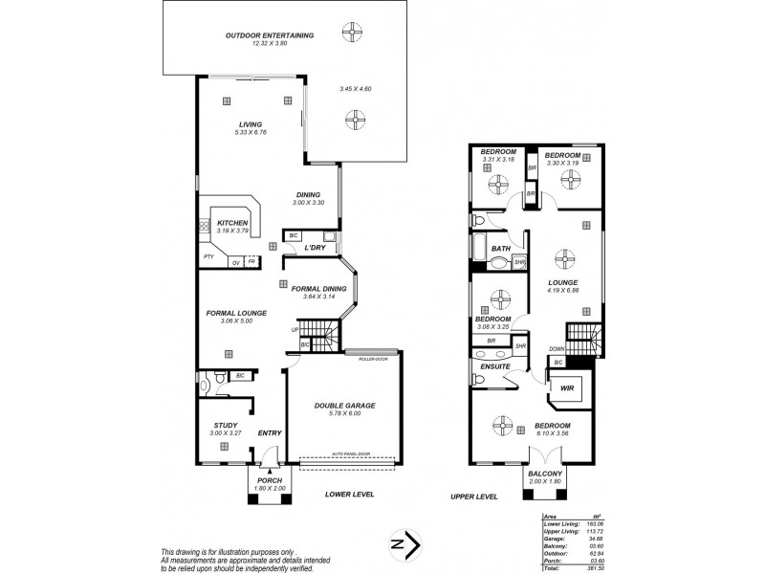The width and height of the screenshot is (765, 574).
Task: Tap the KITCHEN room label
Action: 232,222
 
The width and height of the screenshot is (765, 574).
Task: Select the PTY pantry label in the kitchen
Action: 208,257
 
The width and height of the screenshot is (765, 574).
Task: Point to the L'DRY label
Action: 317,249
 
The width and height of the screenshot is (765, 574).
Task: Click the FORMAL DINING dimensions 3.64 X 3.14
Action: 318,297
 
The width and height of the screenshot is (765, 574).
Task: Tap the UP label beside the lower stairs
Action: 295,330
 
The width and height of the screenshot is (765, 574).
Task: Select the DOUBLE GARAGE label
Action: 344,406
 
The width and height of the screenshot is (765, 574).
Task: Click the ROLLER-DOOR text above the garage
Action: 361,359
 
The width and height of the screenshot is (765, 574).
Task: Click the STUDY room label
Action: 225,427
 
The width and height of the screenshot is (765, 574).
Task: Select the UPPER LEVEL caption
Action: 476,497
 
